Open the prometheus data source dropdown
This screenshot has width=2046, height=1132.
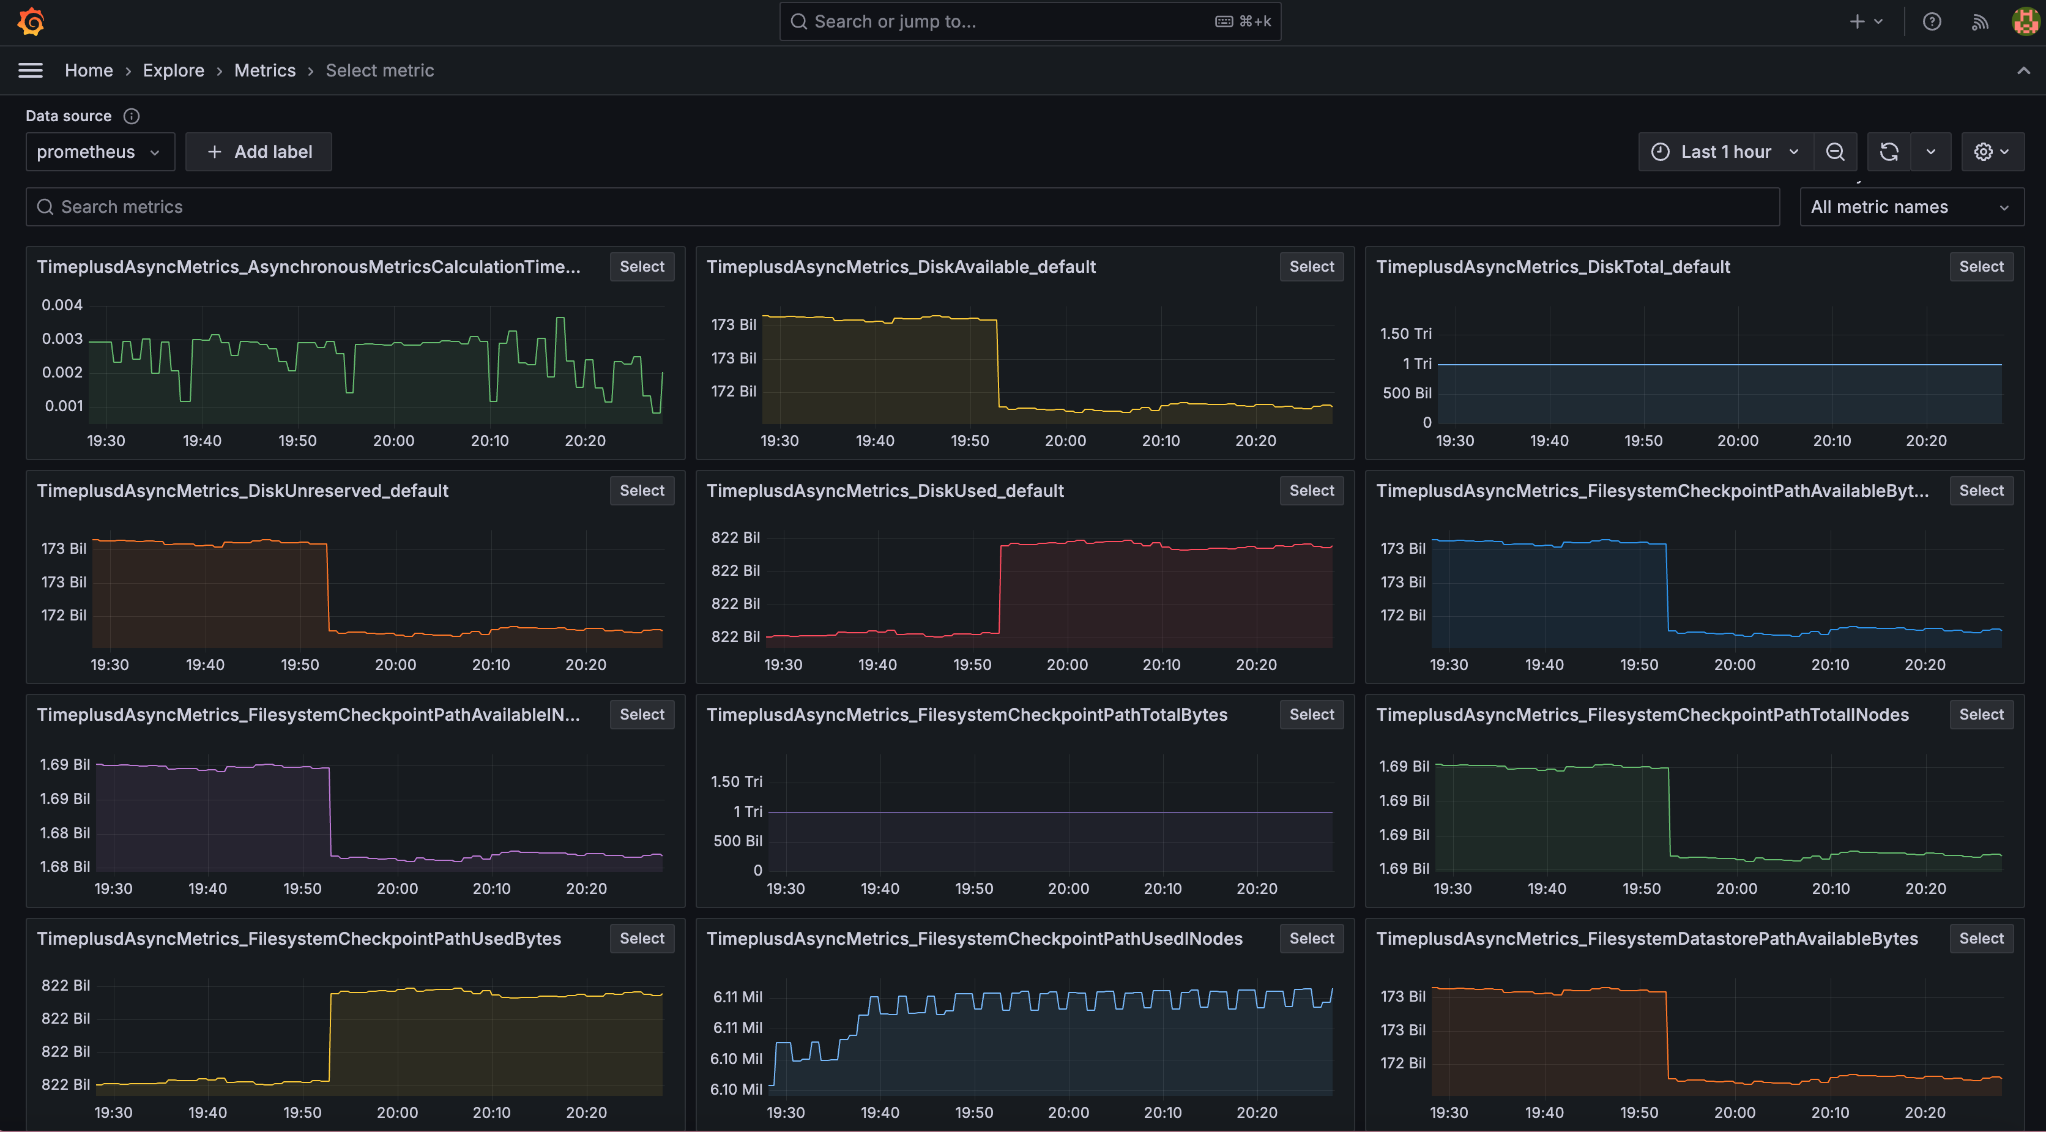tap(99, 152)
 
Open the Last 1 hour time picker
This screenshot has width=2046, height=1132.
tap(1725, 152)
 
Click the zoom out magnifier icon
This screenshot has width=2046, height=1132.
tap(1835, 152)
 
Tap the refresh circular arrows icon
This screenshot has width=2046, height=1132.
tap(1889, 152)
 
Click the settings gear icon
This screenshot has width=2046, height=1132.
tap(1983, 152)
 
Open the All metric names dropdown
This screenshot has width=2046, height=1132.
tap(1910, 207)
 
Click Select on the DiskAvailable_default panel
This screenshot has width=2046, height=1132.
tap(1311, 267)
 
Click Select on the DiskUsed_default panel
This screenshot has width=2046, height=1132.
tap(1311, 491)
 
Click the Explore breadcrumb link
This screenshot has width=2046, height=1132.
tap(173, 71)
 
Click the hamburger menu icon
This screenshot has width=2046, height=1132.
tap(30, 71)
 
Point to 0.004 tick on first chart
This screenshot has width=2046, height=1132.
tap(62, 305)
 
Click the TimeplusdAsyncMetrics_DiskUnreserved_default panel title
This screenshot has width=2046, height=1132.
tap(242, 491)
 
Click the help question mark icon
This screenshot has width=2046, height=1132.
tap(1932, 21)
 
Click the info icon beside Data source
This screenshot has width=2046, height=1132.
tap(132, 116)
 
